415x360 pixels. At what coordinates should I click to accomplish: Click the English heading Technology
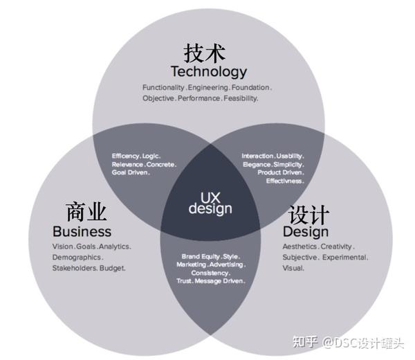(208, 71)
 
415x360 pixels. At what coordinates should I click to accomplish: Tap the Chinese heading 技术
(205, 53)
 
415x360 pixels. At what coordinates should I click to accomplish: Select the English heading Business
(82, 231)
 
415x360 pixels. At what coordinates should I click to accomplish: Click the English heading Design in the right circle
(305, 231)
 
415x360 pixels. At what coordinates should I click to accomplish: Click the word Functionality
(164, 88)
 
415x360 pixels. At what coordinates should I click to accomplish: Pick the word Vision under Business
(64, 246)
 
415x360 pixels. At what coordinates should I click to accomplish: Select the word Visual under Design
(293, 268)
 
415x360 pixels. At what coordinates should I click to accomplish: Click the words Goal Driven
(130, 172)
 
